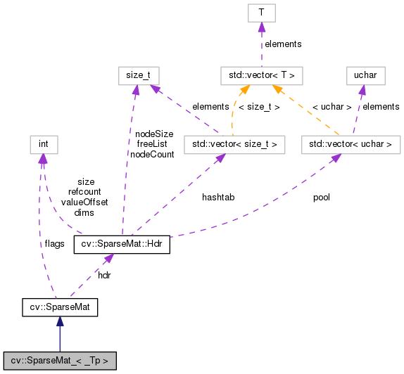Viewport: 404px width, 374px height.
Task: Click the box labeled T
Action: pyautogui.click(x=260, y=13)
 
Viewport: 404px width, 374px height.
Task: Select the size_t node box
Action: pyautogui.click(x=138, y=75)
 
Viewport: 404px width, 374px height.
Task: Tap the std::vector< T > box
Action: pyautogui.click(x=261, y=75)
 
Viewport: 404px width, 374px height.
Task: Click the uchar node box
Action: pyautogui.click(x=365, y=75)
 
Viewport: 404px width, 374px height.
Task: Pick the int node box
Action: pyautogui.click(x=42, y=145)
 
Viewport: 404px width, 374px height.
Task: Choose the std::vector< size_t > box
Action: pyautogui.click(x=229, y=145)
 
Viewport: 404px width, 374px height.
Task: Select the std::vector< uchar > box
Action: pyautogui.click(x=350, y=145)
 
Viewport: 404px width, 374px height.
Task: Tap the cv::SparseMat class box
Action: pyautogui.click(x=59, y=307)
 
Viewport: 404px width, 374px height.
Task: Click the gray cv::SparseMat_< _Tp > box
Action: pyautogui.click(x=60, y=361)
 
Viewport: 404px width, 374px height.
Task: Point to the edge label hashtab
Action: pyautogui.click(x=217, y=198)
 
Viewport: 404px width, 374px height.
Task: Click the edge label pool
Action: pyautogui.click(x=321, y=198)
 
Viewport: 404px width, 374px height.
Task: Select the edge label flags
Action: pyautogui.click(x=54, y=244)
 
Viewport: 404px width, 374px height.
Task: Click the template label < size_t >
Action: pyautogui.click(x=260, y=106)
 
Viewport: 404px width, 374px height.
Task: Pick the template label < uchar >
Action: pyautogui.click(x=330, y=106)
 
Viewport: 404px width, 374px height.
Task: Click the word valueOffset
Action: pyautogui.click(x=84, y=202)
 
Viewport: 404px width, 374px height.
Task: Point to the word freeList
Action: pyautogui.click(x=151, y=143)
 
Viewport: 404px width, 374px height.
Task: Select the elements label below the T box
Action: pyautogui.click(x=283, y=44)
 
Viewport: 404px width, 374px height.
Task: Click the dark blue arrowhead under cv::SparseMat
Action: pyautogui.click(x=60, y=321)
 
